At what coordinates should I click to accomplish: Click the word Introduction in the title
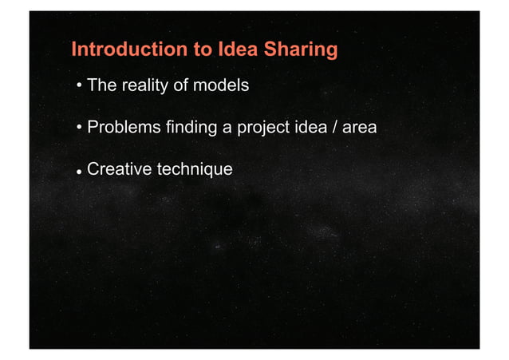click(128, 50)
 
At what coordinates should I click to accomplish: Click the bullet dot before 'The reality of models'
click(79, 86)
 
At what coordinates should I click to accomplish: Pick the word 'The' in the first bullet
click(102, 85)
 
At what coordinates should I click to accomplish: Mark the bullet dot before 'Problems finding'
click(79, 129)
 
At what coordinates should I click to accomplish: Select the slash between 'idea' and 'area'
click(338, 127)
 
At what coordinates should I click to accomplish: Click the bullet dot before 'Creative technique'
click(79, 170)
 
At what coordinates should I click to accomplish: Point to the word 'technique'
click(195, 169)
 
